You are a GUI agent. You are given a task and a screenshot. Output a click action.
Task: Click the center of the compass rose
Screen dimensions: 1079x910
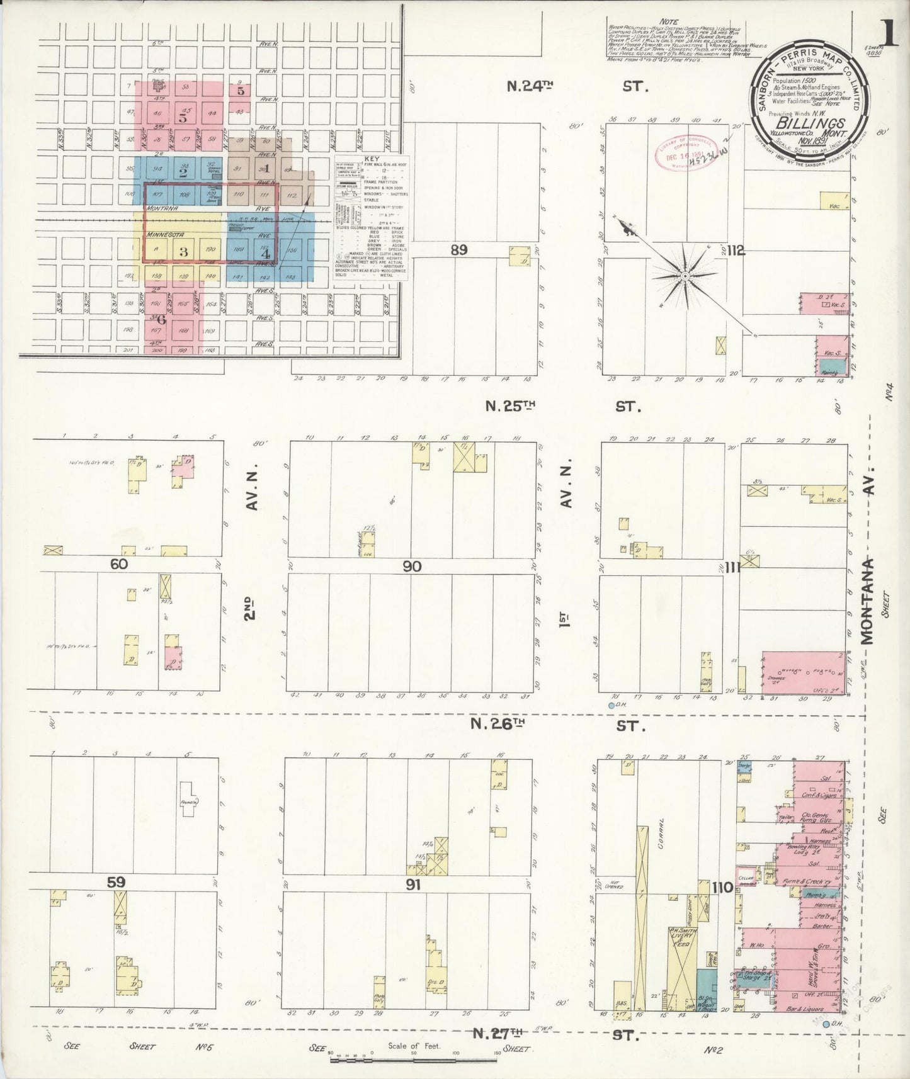[685, 275]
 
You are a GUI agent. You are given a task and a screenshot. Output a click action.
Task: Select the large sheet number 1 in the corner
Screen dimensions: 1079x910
[890, 31]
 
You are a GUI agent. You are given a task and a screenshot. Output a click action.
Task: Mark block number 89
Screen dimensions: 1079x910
[458, 250]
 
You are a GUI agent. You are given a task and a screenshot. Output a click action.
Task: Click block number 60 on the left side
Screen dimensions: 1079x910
[119, 563]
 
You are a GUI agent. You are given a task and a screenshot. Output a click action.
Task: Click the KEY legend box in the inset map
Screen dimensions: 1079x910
[372, 217]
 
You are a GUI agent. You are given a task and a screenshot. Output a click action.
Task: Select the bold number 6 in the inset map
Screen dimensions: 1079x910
[161, 319]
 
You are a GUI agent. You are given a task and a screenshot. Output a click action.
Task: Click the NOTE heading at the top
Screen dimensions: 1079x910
[669, 21]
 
